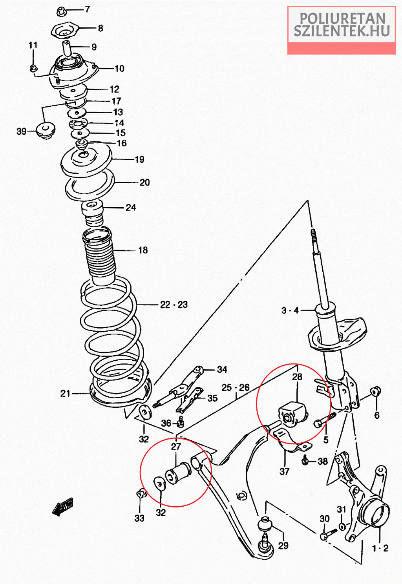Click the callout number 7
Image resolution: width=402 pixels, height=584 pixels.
pos(87,9)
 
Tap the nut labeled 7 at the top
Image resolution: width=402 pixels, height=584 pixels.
pos(62,11)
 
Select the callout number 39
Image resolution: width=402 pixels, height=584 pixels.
pos(21,131)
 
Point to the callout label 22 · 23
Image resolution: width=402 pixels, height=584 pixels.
pos(174,305)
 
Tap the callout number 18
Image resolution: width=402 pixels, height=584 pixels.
pos(143,250)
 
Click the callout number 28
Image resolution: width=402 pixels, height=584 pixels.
pos(297,377)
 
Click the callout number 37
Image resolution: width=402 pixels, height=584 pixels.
pos(284,471)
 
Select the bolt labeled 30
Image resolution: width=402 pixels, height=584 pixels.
pos(327,534)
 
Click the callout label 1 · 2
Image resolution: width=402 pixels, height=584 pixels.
pos(380,548)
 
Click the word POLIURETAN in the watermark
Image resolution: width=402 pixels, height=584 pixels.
pos(342,18)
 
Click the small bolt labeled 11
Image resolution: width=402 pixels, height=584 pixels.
pos(33,68)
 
